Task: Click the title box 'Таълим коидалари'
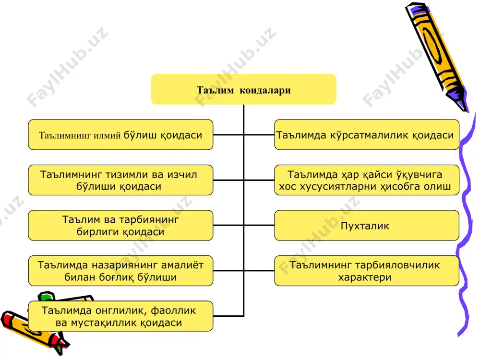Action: pos(244,89)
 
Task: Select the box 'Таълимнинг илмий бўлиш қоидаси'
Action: pos(120,135)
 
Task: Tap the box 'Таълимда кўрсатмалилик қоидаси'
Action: pos(367,135)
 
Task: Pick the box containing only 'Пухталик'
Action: pos(367,225)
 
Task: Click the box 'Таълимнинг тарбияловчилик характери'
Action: pos(367,271)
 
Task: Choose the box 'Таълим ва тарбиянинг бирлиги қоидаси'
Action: pos(120,225)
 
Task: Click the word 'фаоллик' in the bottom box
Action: pos(173,311)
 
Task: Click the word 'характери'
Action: pos(365,277)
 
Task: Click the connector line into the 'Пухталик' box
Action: pos(259,225)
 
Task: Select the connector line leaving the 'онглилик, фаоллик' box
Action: pos(228,316)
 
